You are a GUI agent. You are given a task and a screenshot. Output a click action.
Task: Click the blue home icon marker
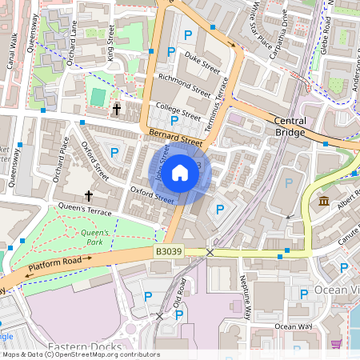pyautogui.click(x=180, y=172)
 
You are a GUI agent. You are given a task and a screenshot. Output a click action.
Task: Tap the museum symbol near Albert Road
pyautogui.click(x=324, y=200)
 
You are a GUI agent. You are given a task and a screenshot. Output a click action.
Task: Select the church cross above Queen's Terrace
pyautogui.click(x=89, y=195)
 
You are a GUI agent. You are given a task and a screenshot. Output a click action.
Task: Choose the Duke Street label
pyautogui.click(x=202, y=61)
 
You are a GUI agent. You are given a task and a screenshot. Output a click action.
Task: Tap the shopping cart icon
pyautogui.click(x=336, y=344)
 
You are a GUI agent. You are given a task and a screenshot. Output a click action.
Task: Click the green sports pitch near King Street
pyautogui.click(x=98, y=96)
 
